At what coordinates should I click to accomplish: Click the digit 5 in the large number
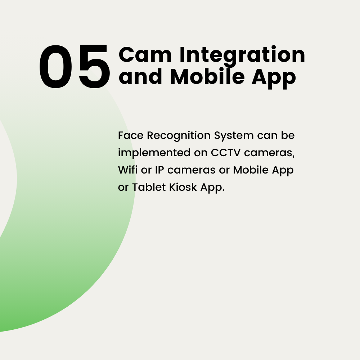pos(94,67)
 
